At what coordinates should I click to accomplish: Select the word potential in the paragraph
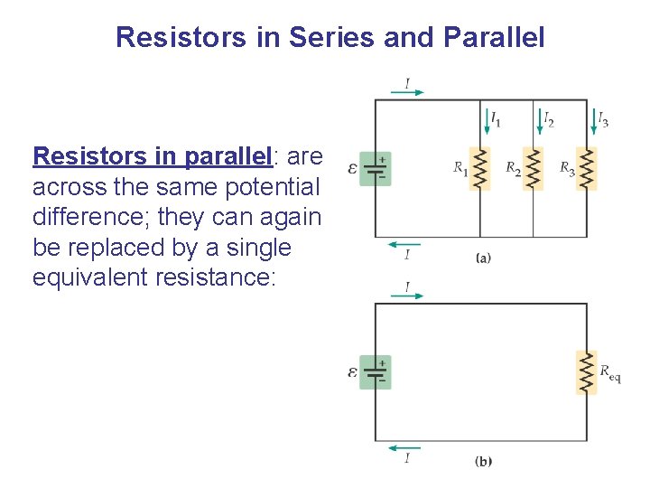pyautogui.click(x=275, y=187)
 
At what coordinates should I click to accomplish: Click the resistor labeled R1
pyautogui.click(x=480, y=168)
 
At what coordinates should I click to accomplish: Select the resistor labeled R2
pyautogui.click(x=534, y=168)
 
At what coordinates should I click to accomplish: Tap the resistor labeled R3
pyautogui.click(x=587, y=168)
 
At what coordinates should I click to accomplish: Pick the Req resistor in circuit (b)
pyautogui.click(x=587, y=371)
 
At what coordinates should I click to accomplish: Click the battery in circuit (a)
pyautogui.click(x=376, y=169)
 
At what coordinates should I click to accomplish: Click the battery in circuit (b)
pyautogui.click(x=376, y=371)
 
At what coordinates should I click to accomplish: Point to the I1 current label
pyautogui.click(x=496, y=118)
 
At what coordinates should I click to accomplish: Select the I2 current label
pyautogui.click(x=548, y=118)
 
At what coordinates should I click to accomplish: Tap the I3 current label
pyautogui.click(x=602, y=118)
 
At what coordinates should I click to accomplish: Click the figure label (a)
pyautogui.click(x=483, y=258)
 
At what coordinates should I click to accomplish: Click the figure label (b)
pyautogui.click(x=483, y=461)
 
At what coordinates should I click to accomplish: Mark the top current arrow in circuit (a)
pyautogui.click(x=408, y=91)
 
